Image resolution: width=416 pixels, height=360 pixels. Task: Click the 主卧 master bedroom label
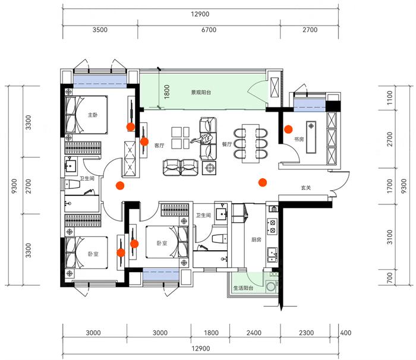coord(92,115)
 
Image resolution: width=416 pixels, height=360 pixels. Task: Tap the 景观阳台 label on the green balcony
coord(201,93)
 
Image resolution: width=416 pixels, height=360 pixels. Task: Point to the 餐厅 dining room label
coord(226,144)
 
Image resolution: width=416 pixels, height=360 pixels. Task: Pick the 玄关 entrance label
coord(306,188)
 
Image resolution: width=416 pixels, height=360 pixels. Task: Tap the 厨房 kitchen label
coord(256,240)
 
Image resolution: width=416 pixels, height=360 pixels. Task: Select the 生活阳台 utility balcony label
coord(244,288)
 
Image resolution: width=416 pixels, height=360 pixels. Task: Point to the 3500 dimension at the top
coord(100,29)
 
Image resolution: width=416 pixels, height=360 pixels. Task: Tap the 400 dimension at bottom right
coord(346,333)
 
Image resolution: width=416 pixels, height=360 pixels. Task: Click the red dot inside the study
coord(288,128)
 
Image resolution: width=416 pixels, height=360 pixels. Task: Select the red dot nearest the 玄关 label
coord(262,182)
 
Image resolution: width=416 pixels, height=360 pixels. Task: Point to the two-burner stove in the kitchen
coord(273,226)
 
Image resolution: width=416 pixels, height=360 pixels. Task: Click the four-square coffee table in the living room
coord(178,137)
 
